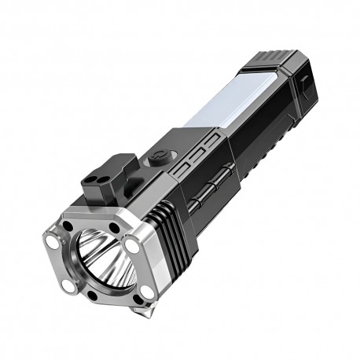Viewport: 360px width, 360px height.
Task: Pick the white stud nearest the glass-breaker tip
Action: coord(146,292)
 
